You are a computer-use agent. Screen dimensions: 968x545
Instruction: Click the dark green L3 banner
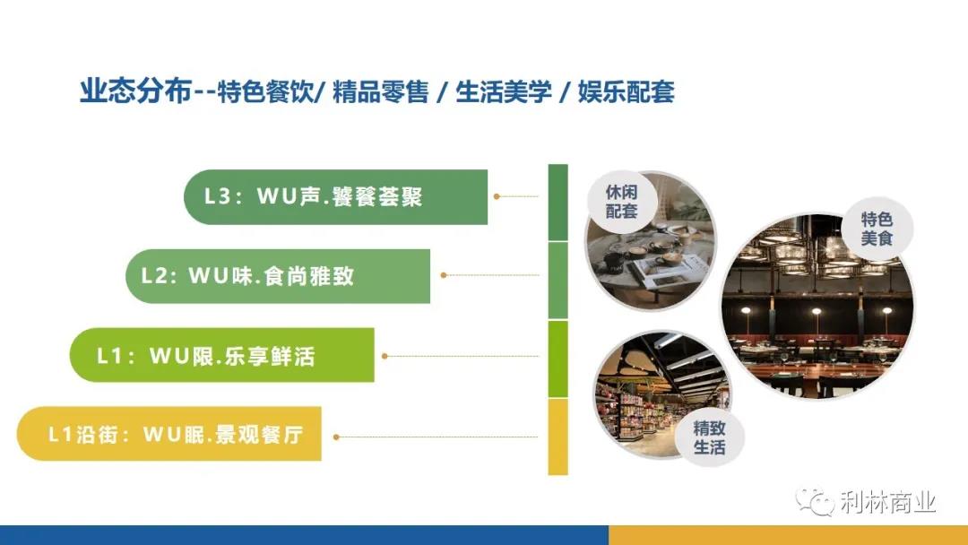(336, 197)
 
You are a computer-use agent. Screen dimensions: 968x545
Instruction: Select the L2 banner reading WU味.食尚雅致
(278, 276)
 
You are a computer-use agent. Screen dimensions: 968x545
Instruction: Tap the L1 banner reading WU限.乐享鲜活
(222, 355)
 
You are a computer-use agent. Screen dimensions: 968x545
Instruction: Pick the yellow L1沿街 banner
(169, 434)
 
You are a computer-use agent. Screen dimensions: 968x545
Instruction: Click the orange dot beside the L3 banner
(497, 196)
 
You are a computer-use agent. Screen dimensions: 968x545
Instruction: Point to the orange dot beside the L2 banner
(444, 275)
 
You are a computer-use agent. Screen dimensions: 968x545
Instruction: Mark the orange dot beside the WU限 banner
(385, 356)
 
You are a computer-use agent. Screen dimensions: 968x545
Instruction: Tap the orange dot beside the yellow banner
(336, 437)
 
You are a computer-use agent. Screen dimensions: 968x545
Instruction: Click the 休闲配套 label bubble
(621, 202)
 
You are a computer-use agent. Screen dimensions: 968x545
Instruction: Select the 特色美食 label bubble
(877, 229)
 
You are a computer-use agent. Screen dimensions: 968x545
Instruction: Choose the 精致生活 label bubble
(709, 437)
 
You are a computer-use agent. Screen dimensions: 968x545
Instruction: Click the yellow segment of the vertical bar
(558, 437)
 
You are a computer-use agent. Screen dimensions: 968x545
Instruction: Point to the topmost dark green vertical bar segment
(558, 203)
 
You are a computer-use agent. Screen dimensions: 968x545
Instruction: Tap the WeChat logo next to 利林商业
(814, 501)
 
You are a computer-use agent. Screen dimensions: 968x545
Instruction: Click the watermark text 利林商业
(887, 502)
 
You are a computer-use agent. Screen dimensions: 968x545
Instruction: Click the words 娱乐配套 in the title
(626, 92)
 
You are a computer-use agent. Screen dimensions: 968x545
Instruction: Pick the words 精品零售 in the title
(380, 92)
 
